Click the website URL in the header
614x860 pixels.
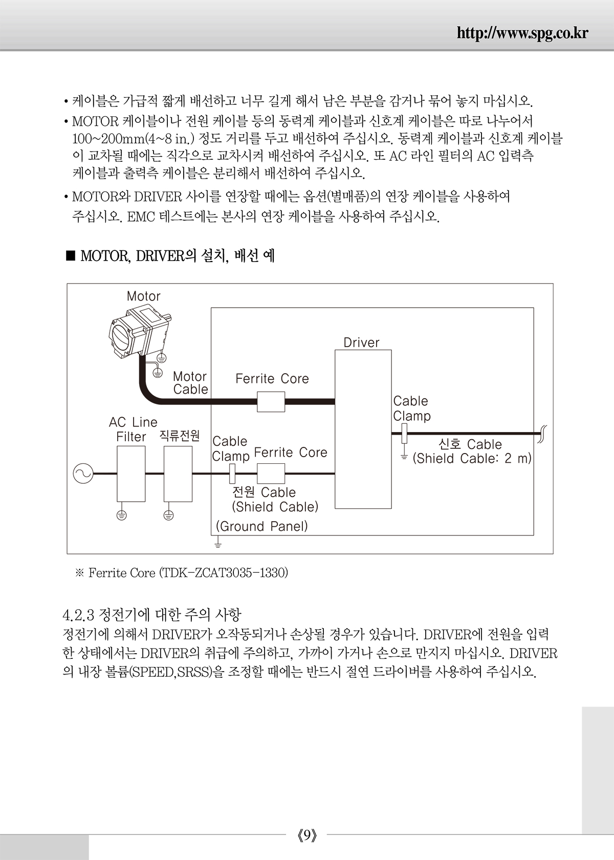coord(522,34)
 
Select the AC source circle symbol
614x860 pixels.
coord(83,474)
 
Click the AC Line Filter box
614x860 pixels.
coord(131,474)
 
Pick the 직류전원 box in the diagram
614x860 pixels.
coord(178,474)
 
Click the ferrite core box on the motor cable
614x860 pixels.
coord(271,401)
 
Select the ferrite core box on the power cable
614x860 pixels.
coord(271,474)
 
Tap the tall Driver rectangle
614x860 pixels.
coord(363,429)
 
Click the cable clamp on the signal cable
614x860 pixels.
coord(404,434)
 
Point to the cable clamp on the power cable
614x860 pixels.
coord(232,474)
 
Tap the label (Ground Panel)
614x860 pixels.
coord(262,526)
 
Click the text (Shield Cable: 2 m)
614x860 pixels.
coord(472,459)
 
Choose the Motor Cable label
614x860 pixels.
coord(190,383)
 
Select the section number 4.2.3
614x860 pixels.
coord(78,615)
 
